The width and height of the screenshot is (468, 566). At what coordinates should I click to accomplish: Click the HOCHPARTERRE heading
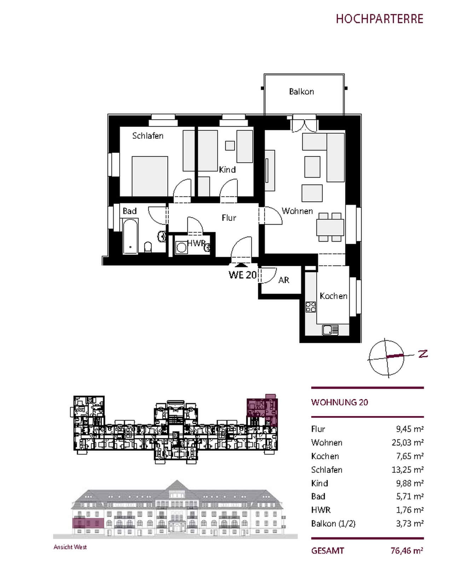380,19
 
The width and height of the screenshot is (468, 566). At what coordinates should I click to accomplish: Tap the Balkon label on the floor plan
301,92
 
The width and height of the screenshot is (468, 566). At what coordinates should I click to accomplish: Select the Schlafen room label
148,136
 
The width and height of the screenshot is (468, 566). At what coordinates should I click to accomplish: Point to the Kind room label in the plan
227,170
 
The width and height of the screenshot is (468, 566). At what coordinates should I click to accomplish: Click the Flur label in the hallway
229,218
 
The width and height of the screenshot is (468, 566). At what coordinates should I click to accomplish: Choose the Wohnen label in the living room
297,211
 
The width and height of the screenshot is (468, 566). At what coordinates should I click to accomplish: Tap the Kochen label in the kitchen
333,296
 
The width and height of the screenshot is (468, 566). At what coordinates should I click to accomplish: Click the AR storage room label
284,280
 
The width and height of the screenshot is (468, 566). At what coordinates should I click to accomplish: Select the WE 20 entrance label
242,275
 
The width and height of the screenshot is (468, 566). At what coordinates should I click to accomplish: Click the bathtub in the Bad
131,236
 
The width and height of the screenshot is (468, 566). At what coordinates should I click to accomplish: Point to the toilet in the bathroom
148,247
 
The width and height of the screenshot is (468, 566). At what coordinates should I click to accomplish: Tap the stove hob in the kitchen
311,307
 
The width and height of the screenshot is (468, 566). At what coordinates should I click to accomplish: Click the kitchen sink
330,330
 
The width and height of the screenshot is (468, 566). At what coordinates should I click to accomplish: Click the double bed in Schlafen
150,176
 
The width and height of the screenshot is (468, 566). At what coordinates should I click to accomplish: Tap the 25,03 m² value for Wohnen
408,443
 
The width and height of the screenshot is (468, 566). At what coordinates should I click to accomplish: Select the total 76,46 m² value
407,550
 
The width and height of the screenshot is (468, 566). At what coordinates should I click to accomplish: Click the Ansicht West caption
70,547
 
